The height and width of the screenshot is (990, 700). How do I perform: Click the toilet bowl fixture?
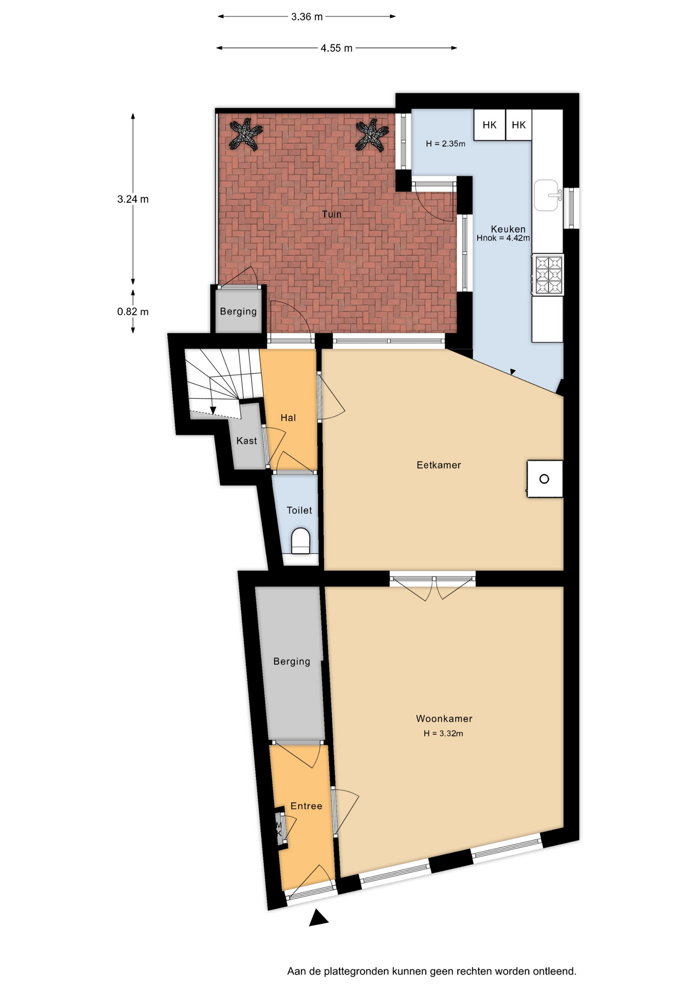pos(301,541)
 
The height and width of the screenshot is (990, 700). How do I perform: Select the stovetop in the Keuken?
pos(548,275)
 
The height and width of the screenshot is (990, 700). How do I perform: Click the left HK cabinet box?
pos(489,125)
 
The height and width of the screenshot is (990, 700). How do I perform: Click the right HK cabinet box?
pos(519,125)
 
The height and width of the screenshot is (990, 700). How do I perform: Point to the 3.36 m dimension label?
pos(307,17)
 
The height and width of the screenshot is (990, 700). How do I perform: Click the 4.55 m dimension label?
pos(337,48)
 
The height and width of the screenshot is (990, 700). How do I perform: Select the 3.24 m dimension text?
pos(133,199)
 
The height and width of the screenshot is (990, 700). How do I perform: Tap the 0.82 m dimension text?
pos(133,311)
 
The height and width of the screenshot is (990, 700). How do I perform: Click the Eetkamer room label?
pos(439,465)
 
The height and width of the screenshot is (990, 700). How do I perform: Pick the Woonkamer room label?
pos(444,718)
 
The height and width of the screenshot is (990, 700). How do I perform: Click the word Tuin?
pos(331,214)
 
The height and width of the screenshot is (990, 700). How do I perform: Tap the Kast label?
pos(246,441)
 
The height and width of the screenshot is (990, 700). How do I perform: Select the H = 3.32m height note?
pos(443,733)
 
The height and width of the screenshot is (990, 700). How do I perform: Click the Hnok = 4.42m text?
pos(503,238)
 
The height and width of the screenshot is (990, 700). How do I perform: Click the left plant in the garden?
pos(246,134)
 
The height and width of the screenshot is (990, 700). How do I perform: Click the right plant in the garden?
pos(372,135)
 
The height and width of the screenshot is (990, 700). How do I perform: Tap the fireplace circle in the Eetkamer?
pos(544,479)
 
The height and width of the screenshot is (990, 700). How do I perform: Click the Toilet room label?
pos(299,510)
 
